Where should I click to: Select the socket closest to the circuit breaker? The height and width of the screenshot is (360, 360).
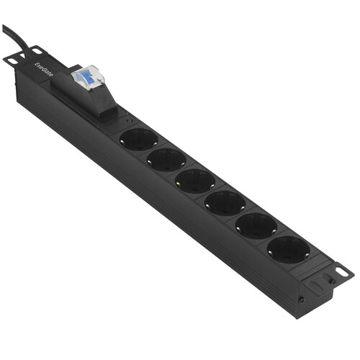(138, 138)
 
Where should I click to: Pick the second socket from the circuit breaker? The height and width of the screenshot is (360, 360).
(166, 159)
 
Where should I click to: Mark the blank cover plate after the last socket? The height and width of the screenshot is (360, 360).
(315, 272)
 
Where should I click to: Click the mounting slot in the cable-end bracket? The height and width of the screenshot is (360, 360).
(13, 60)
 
